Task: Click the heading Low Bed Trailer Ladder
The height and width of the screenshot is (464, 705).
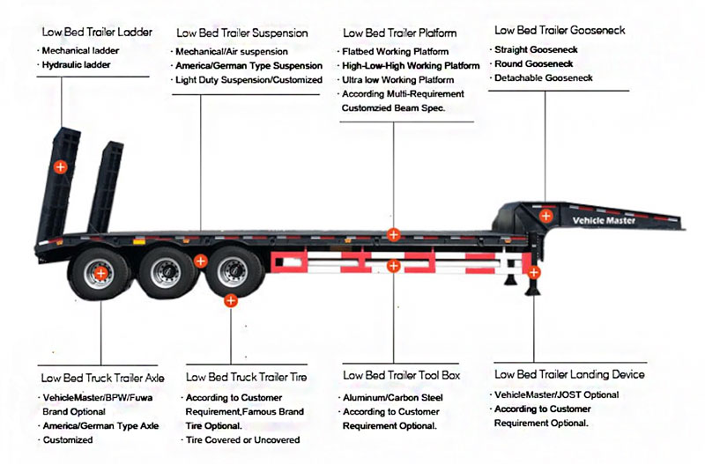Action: click(x=96, y=32)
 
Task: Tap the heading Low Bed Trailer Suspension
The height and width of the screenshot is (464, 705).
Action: click(x=241, y=33)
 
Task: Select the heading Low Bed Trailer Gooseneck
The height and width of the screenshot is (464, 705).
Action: click(x=560, y=30)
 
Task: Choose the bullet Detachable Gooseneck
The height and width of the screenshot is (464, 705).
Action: click(x=544, y=78)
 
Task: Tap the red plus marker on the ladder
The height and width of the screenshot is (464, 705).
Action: click(x=61, y=166)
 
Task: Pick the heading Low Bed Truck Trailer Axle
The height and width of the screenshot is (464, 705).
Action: click(x=102, y=377)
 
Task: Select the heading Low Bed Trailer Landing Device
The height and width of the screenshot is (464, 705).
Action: click(x=569, y=374)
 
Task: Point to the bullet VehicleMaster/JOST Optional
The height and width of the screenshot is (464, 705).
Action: click(x=557, y=395)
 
